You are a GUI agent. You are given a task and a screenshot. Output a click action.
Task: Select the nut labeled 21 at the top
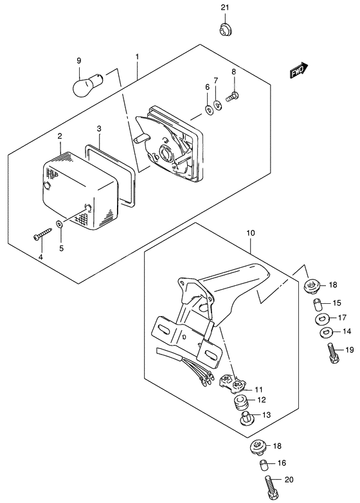tap(225, 29)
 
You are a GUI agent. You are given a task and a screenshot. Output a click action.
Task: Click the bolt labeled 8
tap(233, 97)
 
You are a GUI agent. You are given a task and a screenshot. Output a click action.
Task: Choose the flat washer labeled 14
tap(324, 333)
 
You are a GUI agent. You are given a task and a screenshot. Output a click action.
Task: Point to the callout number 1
tap(137, 57)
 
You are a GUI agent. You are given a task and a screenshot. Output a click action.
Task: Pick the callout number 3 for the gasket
tap(99, 128)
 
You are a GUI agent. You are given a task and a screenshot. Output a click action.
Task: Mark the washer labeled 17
tap(322, 318)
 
